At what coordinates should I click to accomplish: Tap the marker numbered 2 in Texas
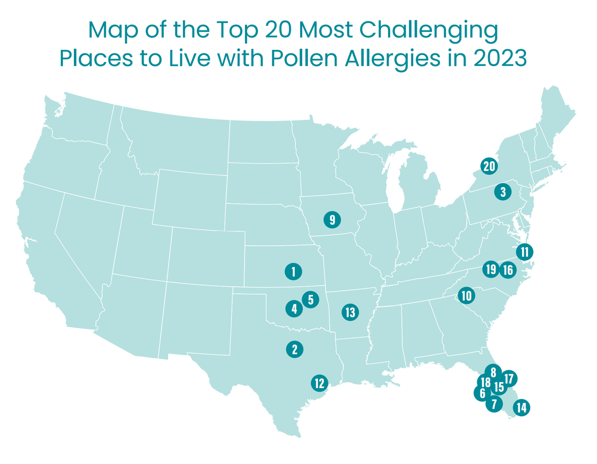(295, 349)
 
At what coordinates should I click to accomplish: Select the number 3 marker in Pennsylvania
(503, 192)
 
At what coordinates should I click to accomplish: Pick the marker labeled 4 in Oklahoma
(294, 309)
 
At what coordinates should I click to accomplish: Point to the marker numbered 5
(311, 300)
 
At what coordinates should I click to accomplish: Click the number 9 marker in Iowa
(332, 219)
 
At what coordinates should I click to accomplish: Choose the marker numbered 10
(466, 295)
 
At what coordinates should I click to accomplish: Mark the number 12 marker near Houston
(319, 383)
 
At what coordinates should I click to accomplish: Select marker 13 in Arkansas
(350, 313)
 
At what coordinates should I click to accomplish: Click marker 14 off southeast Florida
(521, 407)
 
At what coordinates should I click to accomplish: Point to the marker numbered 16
(507, 270)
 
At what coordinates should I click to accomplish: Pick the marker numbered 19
(491, 270)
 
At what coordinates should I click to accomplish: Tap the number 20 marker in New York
(489, 167)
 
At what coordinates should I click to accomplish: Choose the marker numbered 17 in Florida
(509, 378)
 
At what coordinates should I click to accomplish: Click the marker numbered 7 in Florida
(493, 404)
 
